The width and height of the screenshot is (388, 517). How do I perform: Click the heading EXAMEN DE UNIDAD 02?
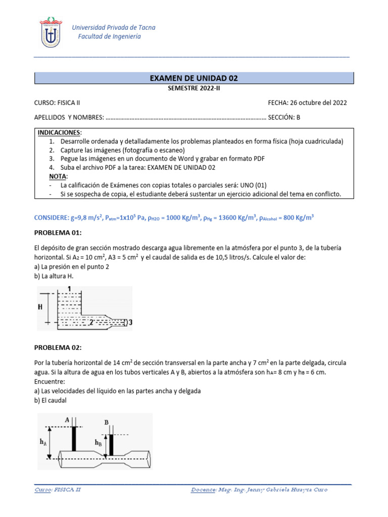(193, 78)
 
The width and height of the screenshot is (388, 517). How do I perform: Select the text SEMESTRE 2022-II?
(193, 88)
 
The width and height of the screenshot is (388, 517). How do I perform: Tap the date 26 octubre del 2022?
(318, 102)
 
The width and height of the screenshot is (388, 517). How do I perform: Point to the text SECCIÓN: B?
(284, 117)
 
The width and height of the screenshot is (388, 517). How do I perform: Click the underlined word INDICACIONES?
(60, 132)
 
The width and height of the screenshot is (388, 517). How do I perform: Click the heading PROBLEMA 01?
(58, 232)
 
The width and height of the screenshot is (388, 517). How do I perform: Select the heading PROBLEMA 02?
(58, 347)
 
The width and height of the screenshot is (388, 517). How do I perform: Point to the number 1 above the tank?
(69, 288)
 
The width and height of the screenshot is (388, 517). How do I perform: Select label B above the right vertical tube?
(106, 422)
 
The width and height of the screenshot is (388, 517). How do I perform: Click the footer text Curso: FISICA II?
(58, 490)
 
